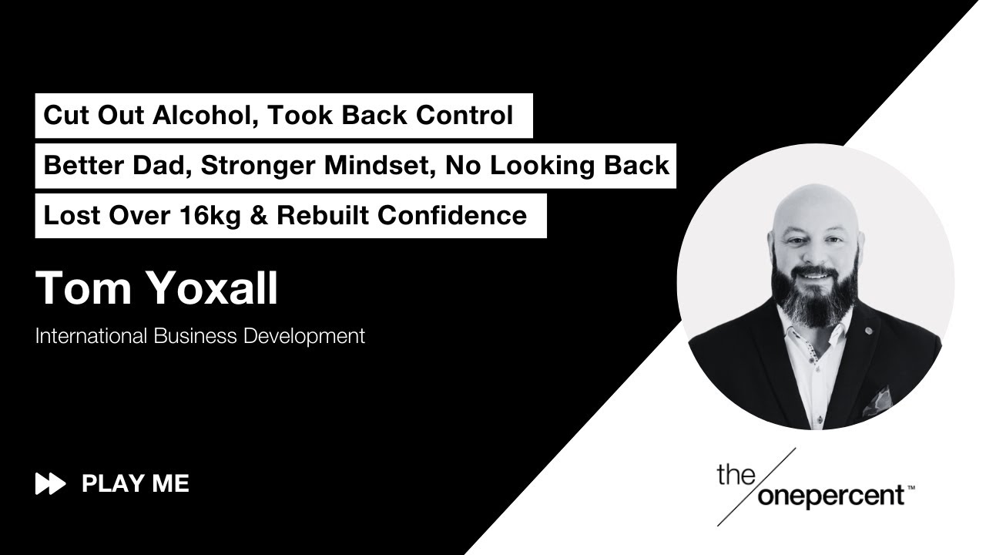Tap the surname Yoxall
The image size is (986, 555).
212,288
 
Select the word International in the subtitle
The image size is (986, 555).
92,336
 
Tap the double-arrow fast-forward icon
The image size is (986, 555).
50,484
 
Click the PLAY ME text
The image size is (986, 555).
136,484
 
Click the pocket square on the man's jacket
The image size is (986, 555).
878,401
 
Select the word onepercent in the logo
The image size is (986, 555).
831,496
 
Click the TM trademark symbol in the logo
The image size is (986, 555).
911,487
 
